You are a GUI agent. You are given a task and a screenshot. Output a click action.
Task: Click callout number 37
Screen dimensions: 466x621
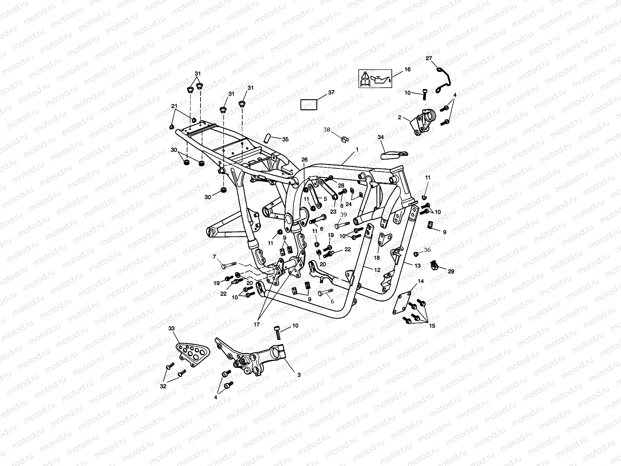click(331, 93)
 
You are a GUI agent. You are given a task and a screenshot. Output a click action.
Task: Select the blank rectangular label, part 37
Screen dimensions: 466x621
click(309, 104)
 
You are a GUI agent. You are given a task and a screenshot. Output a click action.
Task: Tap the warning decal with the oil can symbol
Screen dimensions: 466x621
click(375, 79)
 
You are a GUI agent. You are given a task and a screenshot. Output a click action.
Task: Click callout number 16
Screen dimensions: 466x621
click(407, 69)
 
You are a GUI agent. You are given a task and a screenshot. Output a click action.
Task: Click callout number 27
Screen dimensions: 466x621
click(429, 59)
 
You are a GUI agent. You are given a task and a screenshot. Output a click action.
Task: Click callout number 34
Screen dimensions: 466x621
click(381, 137)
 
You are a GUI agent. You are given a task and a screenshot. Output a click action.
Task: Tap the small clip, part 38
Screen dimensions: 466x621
click(345, 139)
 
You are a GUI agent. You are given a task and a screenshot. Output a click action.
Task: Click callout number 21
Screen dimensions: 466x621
click(174, 106)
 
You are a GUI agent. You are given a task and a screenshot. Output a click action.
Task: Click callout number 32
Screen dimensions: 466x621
click(163, 386)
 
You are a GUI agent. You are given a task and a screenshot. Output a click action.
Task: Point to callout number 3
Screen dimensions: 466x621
click(299, 375)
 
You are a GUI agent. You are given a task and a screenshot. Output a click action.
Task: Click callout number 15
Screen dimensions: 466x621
click(432, 325)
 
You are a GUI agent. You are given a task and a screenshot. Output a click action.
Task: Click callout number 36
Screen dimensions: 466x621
click(427, 250)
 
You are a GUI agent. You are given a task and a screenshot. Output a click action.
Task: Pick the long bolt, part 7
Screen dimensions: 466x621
click(228, 265)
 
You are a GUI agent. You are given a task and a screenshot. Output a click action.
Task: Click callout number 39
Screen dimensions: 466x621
click(343, 215)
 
